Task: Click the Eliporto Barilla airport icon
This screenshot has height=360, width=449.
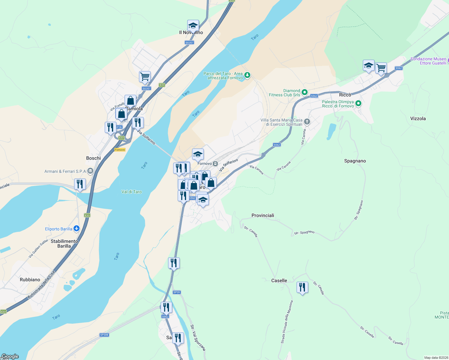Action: click(x=77, y=229)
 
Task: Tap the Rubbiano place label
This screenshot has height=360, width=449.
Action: click(x=30, y=280)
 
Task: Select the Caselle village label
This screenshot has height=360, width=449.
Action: click(x=279, y=280)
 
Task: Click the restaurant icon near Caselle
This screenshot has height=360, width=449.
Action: click(x=302, y=287)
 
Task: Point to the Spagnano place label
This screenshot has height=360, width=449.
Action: click(x=355, y=161)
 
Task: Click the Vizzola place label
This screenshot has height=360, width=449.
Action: click(x=418, y=118)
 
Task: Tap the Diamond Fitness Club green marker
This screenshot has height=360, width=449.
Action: click(x=305, y=92)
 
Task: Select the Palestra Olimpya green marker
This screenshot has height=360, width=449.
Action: click(x=358, y=104)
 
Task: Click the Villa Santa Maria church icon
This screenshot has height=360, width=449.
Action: click(x=307, y=122)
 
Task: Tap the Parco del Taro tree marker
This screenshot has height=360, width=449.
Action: click(x=247, y=75)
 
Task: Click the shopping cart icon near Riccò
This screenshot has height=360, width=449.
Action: click(x=381, y=68)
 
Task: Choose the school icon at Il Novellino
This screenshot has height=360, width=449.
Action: click(x=193, y=26)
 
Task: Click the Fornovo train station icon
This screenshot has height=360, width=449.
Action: click(x=215, y=164)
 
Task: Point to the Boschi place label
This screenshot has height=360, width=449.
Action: click(x=93, y=158)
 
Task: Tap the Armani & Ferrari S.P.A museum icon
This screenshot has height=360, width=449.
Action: click(x=90, y=171)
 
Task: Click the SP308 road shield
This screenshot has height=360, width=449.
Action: click(x=104, y=335)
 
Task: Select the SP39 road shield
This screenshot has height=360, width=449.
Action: click(x=176, y=292)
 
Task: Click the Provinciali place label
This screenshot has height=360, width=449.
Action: click(x=263, y=215)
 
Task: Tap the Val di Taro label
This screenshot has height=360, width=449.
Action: click(x=131, y=192)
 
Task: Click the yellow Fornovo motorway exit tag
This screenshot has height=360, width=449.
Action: click(x=120, y=150)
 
